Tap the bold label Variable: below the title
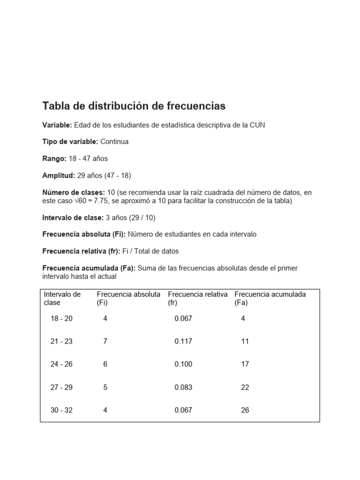tap(57, 125)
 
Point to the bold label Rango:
tap(54, 158)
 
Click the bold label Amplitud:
tap(59, 175)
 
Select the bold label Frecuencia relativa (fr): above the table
tap(81, 251)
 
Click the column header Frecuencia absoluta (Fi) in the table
tap(128, 298)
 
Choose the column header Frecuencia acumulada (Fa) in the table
tap(270, 298)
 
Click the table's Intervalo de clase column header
tap(62, 298)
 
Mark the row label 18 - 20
tap(61, 319)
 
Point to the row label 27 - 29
tap(61, 388)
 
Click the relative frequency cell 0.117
tap(183, 342)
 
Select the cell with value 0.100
tap(183, 365)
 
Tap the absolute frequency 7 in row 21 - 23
tap(105, 342)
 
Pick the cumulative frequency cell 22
tap(245, 388)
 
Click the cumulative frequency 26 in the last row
tap(245, 411)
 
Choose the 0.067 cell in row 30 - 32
tap(183, 411)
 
